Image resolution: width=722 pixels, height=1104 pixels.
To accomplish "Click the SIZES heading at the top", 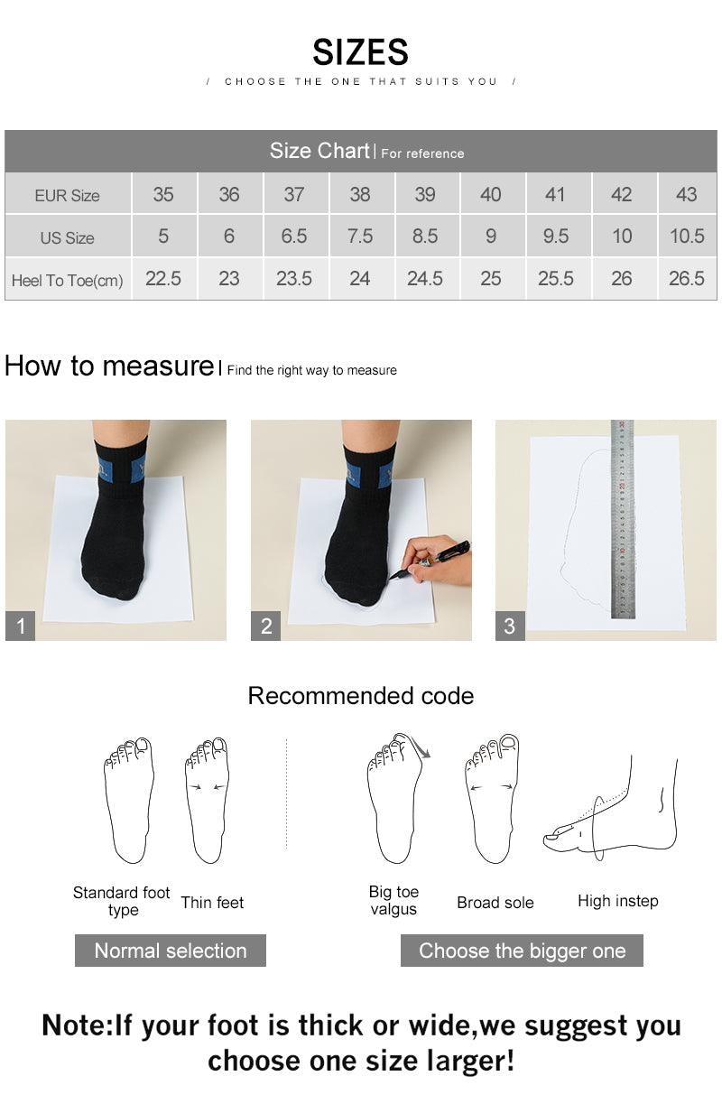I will click(x=360, y=52).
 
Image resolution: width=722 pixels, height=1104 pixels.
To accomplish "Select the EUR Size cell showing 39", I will click(x=424, y=194).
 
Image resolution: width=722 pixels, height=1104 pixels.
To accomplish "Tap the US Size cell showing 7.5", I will click(x=359, y=237).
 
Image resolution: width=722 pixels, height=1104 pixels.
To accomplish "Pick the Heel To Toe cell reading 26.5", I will click(x=686, y=279).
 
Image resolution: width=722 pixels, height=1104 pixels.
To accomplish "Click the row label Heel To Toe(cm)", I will click(x=67, y=280).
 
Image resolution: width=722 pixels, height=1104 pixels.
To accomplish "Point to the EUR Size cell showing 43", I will click(x=686, y=194).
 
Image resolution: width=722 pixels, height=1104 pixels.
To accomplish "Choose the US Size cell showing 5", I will click(x=163, y=237).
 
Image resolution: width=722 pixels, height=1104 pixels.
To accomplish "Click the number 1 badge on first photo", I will click(x=20, y=626).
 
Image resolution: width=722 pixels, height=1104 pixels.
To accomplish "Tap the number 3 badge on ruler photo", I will click(x=510, y=626).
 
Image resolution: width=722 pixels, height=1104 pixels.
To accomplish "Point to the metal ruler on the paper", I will click(x=622, y=519).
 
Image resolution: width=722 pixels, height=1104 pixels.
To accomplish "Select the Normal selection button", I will click(x=170, y=951).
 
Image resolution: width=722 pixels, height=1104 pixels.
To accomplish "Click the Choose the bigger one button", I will click(x=522, y=951).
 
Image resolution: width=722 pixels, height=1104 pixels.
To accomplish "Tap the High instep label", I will click(x=617, y=901).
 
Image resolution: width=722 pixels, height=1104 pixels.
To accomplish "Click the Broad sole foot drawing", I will click(x=492, y=799).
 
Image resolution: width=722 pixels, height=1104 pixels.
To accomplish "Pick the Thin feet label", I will click(x=212, y=902).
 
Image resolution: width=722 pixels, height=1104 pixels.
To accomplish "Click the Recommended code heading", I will click(x=360, y=696).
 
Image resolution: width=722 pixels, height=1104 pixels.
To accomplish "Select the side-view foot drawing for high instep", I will click(x=614, y=808).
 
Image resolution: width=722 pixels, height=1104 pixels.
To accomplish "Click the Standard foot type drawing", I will click(x=128, y=799).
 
